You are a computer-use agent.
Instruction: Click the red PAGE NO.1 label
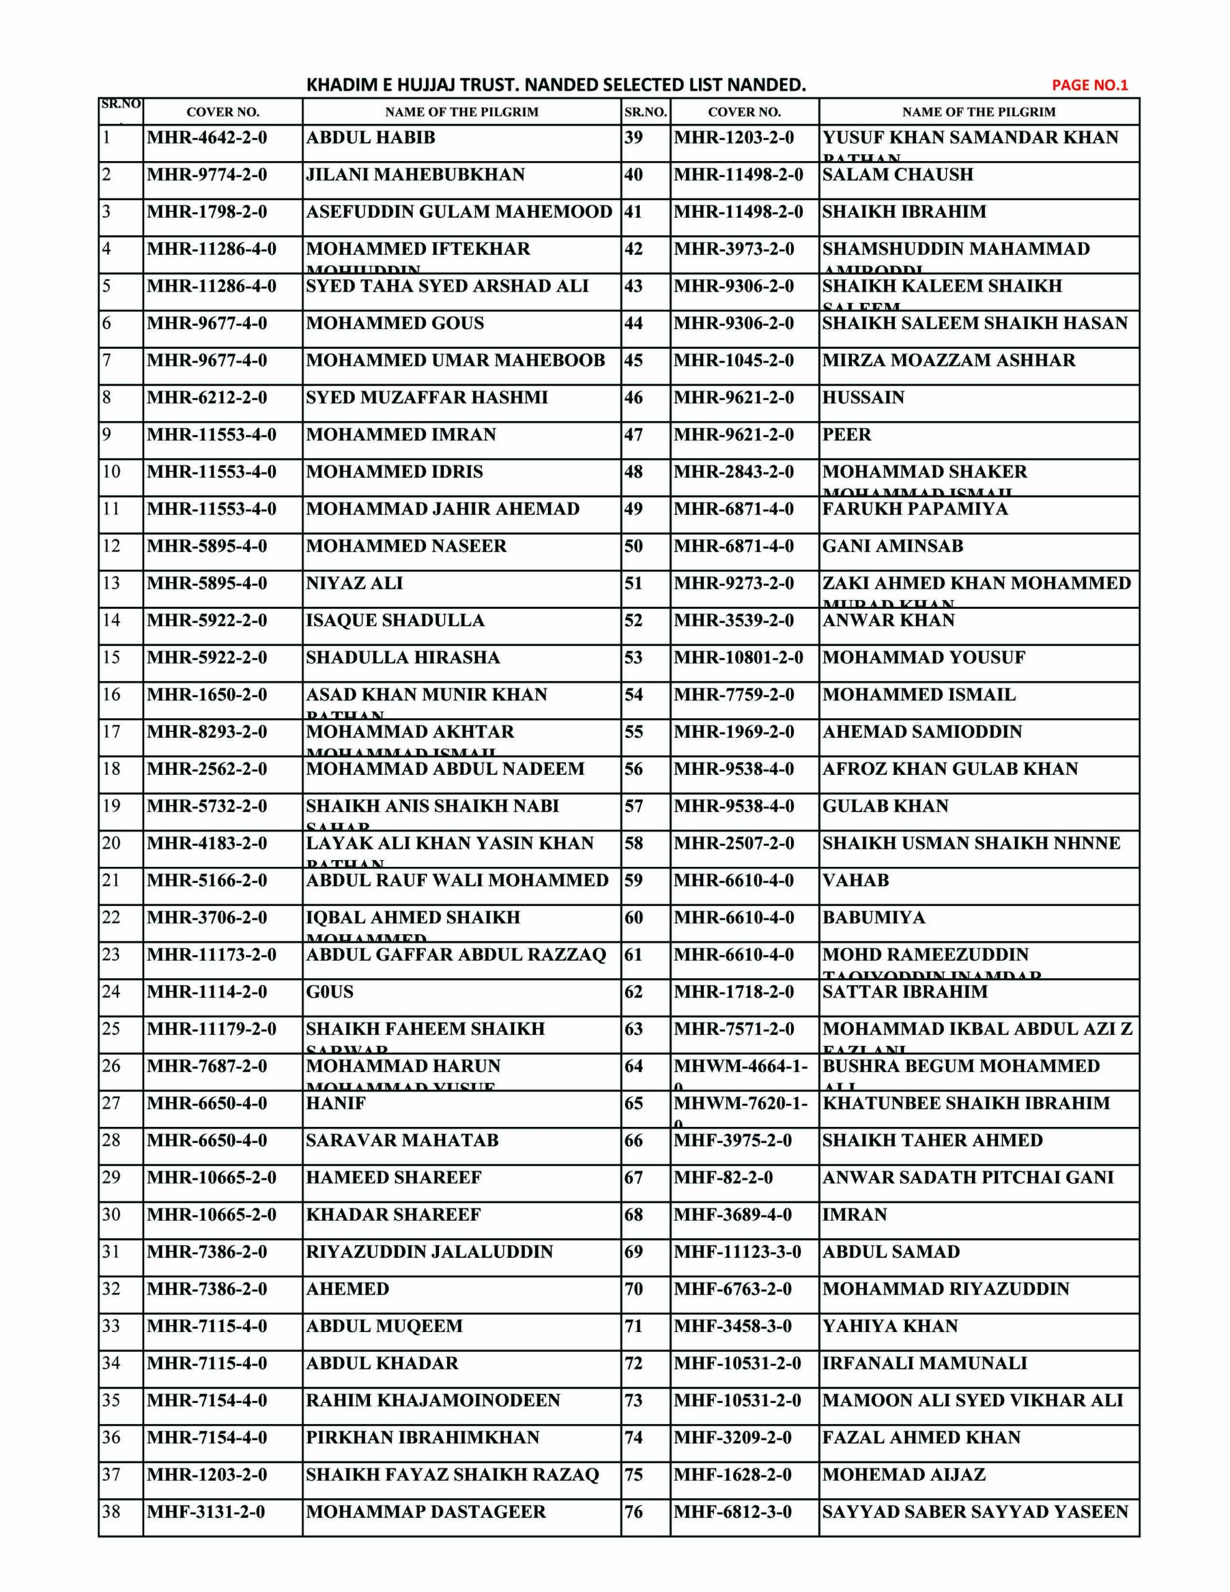click(x=1089, y=85)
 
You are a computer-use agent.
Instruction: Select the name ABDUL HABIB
click(x=371, y=138)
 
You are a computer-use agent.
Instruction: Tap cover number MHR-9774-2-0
click(x=207, y=175)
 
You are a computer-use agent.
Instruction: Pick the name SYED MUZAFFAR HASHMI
click(x=427, y=398)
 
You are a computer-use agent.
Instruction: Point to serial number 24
click(x=111, y=992)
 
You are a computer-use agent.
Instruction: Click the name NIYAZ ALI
click(x=354, y=584)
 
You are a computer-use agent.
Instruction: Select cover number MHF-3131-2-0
click(x=206, y=1512)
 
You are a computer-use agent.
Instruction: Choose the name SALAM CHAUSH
click(x=897, y=175)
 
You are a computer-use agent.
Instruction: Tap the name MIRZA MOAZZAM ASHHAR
click(x=948, y=361)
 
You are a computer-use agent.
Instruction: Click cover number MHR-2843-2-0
click(x=734, y=473)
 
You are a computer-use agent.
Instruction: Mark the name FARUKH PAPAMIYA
click(x=915, y=509)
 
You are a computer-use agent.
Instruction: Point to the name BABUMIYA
click(x=874, y=918)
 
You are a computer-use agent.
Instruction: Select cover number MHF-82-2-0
click(x=723, y=1178)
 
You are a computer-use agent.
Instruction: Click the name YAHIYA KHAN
click(x=889, y=1326)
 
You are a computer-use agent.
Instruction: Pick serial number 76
click(x=634, y=1512)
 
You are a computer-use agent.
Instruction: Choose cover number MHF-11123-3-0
click(x=737, y=1252)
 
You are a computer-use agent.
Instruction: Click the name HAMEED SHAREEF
click(x=394, y=1178)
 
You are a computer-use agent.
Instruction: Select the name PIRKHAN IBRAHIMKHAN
click(x=423, y=1438)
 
